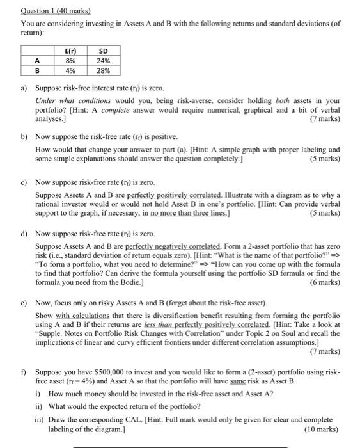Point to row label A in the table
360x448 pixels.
37,61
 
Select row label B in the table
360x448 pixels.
37,71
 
